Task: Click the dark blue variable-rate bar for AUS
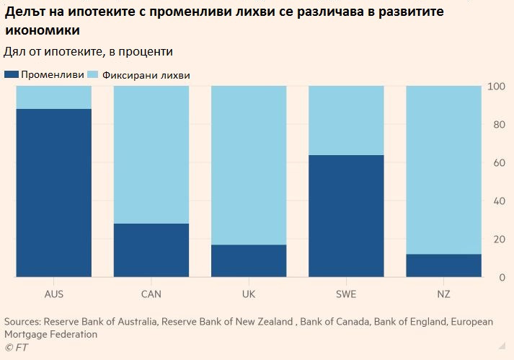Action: tap(54, 193)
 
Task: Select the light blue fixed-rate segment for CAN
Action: tap(151, 154)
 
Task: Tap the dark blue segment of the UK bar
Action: tap(249, 260)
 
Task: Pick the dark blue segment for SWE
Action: tap(346, 216)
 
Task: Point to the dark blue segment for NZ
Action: tap(443, 265)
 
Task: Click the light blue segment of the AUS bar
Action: tap(54, 97)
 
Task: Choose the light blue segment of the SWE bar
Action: tap(346, 120)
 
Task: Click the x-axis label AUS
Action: tap(54, 294)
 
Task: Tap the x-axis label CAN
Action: tap(151, 294)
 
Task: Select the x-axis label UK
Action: tap(249, 294)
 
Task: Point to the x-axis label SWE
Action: tap(346, 294)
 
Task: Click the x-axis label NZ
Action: tap(443, 294)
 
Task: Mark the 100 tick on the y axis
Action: tap(497, 87)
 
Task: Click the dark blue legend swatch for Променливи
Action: tap(11, 74)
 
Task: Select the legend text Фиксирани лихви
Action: tap(146, 74)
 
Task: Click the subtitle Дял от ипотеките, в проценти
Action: tap(88, 52)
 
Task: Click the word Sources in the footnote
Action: tap(22, 322)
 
